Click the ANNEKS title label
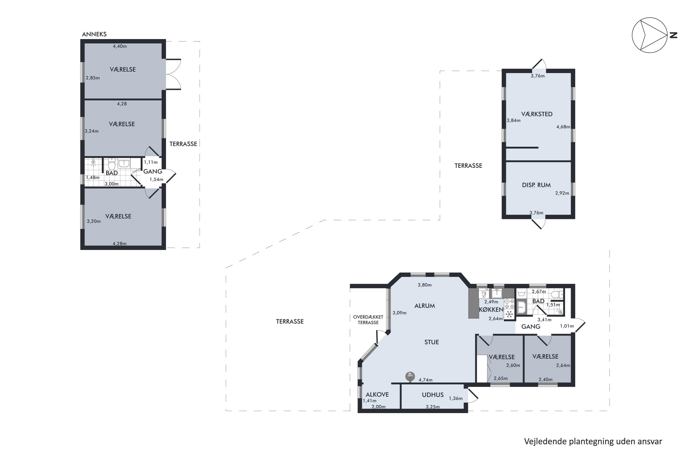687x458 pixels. [94, 34]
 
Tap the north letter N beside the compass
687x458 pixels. [673, 35]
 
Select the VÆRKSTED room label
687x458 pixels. [537, 114]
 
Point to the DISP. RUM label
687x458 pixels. [536, 185]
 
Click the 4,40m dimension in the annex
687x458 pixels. [120, 46]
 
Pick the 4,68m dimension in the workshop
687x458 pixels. [563, 127]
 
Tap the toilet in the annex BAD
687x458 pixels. [112, 163]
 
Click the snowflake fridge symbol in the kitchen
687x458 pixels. [509, 314]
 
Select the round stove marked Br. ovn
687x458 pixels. [410, 376]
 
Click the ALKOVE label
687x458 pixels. [377, 395]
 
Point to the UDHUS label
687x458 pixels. [433, 395]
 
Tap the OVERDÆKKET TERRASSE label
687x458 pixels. [368, 320]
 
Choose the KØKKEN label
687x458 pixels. [491, 310]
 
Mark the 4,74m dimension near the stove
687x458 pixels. [425, 380]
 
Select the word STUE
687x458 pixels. [431, 342]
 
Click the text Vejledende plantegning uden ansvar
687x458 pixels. [593, 441]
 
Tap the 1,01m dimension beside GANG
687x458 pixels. [567, 326]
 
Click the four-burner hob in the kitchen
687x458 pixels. [509, 304]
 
